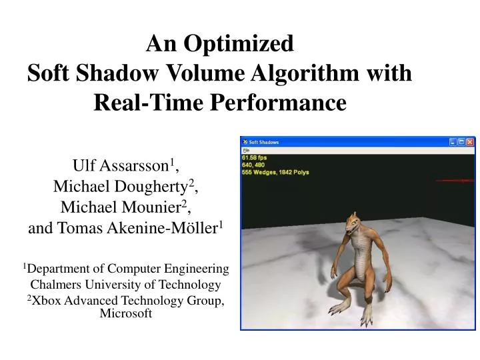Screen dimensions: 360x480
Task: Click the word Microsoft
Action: point(126,313)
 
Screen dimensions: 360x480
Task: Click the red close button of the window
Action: point(471,142)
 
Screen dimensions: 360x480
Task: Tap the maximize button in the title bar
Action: point(461,142)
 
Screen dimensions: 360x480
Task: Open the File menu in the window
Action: point(245,151)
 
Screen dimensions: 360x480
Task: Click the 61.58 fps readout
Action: point(256,157)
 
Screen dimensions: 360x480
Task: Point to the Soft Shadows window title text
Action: point(264,142)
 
